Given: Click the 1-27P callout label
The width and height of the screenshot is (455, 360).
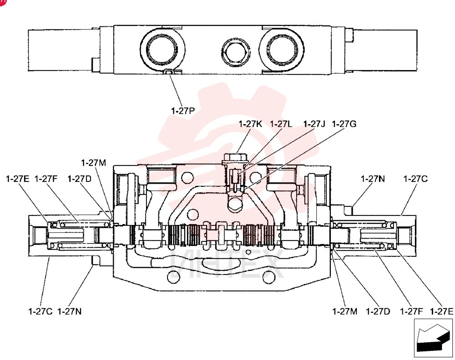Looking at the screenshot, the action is click(x=183, y=111).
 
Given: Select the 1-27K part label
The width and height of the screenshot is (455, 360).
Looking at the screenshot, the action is click(x=250, y=124).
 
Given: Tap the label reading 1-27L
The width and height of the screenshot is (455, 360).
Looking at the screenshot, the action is click(x=281, y=124).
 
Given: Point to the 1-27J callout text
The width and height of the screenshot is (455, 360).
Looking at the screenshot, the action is click(x=314, y=124).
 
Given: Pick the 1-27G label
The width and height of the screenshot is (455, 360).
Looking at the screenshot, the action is click(x=344, y=124).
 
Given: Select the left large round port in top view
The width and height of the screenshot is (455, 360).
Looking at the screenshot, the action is click(x=162, y=50).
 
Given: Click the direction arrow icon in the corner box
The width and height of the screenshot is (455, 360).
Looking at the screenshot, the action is click(x=432, y=338).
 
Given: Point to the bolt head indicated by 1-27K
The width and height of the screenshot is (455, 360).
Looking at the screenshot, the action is click(x=235, y=159).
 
